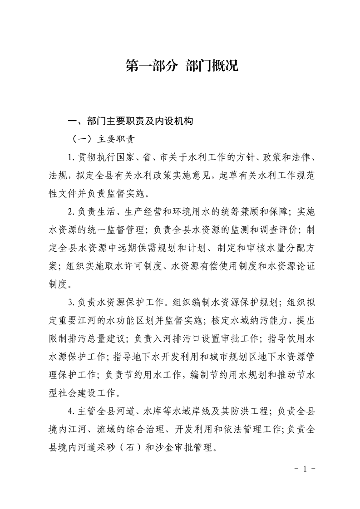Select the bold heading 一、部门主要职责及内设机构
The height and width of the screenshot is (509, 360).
tap(130, 121)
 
